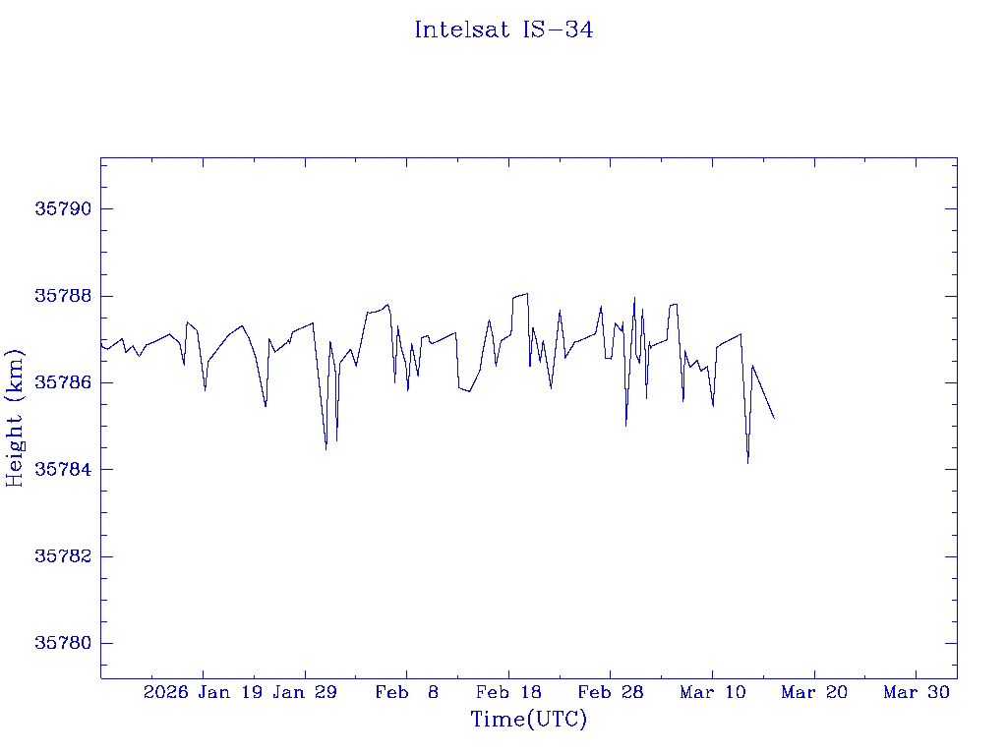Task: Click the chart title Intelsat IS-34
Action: [503, 29]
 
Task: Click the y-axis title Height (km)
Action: [16, 418]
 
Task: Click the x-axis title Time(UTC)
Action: [529, 720]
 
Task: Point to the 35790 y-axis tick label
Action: [63, 209]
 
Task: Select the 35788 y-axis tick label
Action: [63, 296]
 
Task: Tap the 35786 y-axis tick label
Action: [63, 382]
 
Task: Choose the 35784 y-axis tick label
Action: [63, 470]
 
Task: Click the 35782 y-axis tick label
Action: [63, 556]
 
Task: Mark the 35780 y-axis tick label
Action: [63, 643]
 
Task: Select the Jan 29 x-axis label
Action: [305, 692]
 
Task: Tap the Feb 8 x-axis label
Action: [407, 692]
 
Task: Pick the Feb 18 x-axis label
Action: [508, 692]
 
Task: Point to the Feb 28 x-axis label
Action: [611, 692]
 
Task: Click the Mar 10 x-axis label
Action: [713, 692]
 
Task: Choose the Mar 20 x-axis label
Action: [814, 692]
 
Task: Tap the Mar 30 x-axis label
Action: [917, 692]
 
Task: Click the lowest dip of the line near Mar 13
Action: [747, 462]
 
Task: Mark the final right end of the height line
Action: [774, 418]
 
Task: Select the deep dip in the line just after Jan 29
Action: [326, 449]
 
